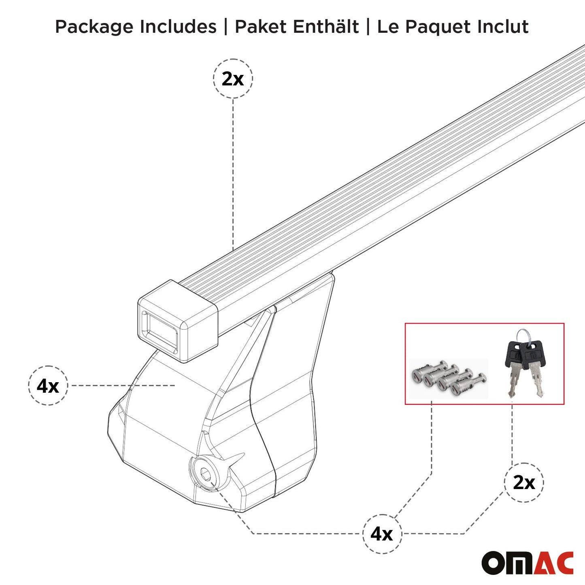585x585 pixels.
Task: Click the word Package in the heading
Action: point(94,27)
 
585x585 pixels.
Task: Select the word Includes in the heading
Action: point(178,27)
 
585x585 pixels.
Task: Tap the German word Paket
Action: point(261,27)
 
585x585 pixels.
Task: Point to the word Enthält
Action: point(326,27)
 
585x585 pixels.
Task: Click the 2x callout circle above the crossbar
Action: point(233,79)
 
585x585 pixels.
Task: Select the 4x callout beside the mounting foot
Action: point(48,385)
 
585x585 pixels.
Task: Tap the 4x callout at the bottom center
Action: point(382,534)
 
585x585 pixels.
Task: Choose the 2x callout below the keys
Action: point(524,483)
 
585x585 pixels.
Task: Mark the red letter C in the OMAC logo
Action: point(564,563)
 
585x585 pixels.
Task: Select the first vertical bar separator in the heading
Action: point(226,27)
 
